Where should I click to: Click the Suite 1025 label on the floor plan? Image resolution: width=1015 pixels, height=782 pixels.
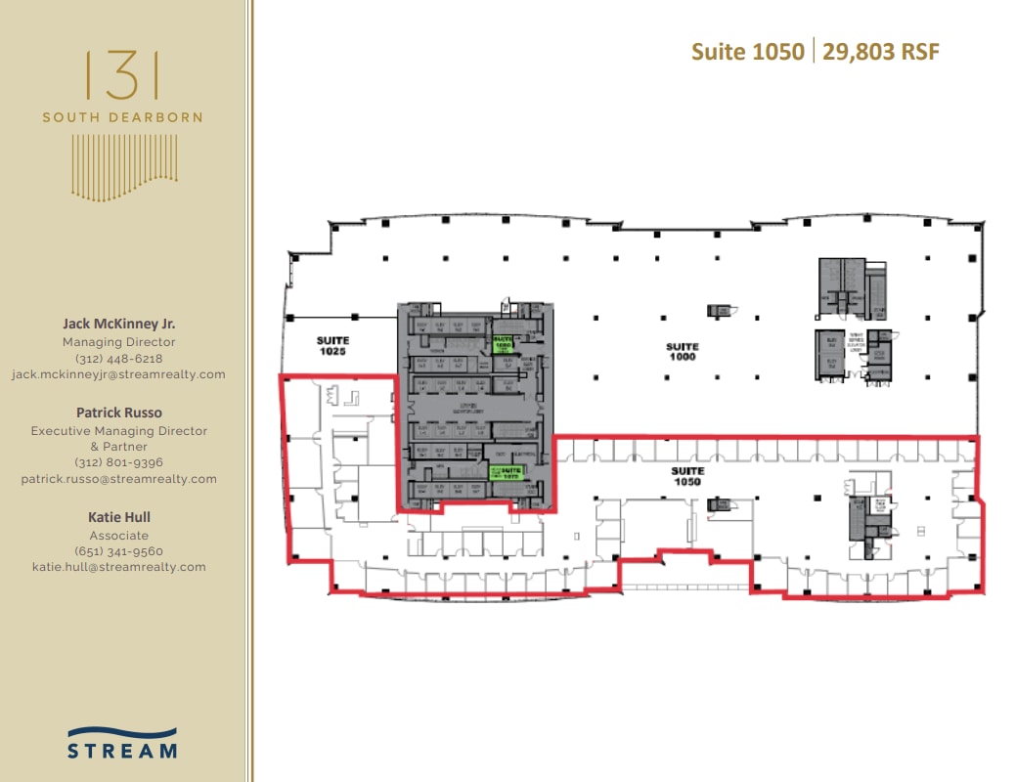pos(332,345)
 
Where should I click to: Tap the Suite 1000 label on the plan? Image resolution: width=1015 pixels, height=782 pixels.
pos(683,352)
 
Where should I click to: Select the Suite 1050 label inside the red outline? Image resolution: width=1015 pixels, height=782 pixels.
pos(687,476)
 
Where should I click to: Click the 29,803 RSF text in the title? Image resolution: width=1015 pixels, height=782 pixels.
pos(881,52)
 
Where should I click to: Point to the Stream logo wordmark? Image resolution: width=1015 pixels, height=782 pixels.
pos(122,751)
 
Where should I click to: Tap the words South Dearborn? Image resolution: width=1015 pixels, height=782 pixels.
pos(122,117)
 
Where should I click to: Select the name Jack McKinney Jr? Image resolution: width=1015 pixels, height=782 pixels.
pos(119,323)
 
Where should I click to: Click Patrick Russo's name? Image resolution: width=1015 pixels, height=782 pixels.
pos(119,413)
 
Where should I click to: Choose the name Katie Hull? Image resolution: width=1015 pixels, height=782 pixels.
pos(119,517)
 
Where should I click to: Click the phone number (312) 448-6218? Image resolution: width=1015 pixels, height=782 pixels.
pos(119,359)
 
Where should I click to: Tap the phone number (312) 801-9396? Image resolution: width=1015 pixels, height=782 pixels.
pos(119,462)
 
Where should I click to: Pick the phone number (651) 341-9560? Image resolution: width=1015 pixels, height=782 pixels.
pos(119,551)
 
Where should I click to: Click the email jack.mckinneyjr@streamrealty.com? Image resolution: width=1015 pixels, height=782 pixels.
pos(119,374)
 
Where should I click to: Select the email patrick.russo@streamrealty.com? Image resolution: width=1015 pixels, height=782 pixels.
pos(119,479)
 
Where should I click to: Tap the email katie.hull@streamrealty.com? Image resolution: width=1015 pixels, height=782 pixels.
pos(119,567)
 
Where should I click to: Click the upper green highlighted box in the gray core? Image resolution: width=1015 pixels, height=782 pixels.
pos(504,344)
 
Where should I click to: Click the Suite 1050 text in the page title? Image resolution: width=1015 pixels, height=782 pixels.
pos(748,52)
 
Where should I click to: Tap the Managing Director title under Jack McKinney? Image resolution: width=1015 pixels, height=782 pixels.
pos(119,342)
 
